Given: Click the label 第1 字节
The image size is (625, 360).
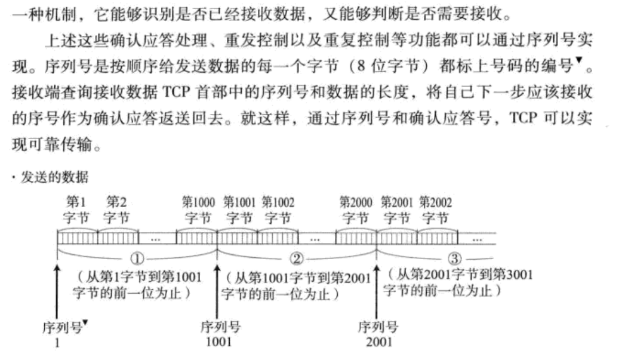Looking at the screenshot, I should pyautogui.click(x=76, y=209).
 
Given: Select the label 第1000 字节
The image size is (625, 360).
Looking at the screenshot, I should pyautogui.click(x=198, y=209).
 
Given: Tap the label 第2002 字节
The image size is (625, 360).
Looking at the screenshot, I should pyautogui.click(x=435, y=209).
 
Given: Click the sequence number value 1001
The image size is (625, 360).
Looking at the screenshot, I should pyautogui.click(x=218, y=343).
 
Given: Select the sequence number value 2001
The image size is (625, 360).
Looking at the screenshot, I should pyautogui.click(x=377, y=343).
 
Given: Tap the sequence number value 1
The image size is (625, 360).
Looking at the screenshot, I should pyautogui.click(x=58, y=343).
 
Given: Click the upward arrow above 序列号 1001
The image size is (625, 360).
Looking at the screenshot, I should pyautogui.click(x=217, y=293).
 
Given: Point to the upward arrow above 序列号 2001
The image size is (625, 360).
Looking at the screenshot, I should pyautogui.click(x=377, y=293).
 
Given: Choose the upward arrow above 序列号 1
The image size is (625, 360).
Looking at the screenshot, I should pyautogui.click(x=57, y=293).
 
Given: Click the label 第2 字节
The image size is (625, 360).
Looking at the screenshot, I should pyautogui.click(x=115, y=209).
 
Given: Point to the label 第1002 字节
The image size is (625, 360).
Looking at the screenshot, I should pyautogui.click(x=278, y=209).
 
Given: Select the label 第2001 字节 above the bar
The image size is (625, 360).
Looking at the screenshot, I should pyautogui.click(x=396, y=209).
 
